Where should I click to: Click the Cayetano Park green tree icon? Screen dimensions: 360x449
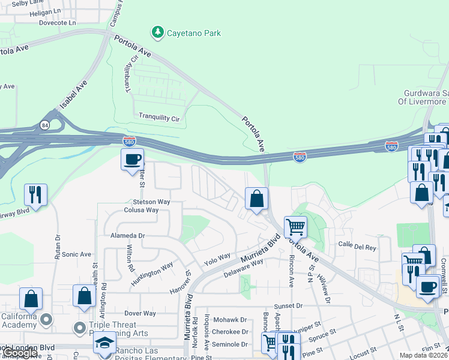pyautogui.click(x=158, y=32)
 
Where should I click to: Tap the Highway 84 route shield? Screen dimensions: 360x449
pyautogui.click(x=45, y=125)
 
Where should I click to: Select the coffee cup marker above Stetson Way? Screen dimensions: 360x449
pyautogui.click(x=132, y=160)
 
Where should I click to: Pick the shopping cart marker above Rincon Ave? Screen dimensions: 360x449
pyautogui.click(x=295, y=227)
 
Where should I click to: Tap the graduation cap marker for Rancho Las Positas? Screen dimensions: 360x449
pyautogui.click(x=104, y=344)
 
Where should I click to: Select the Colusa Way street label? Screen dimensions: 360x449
pyautogui.click(x=141, y=210)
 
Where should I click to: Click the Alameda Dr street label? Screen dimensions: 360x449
pyautogui.click(x=127, y=236)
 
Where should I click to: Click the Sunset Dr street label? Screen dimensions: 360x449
pyautogui.click(x=291, y=305)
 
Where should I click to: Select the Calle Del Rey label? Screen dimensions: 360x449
pyautogui.click(x=357, y=245)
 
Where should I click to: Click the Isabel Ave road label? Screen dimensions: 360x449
pyautogui.click(x=73, y=95)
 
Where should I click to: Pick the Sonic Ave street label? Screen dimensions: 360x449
pyautogui.click(x=76, y=254)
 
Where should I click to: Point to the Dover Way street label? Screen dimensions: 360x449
pyautogui.click(x=140, y=313)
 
